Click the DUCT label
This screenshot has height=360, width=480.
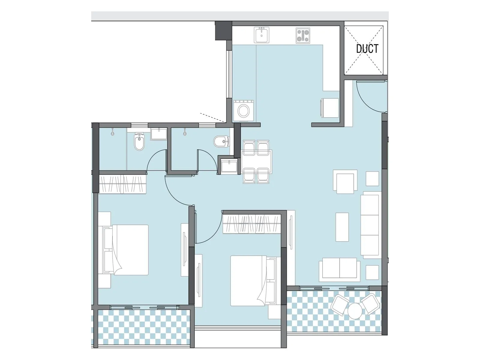367,49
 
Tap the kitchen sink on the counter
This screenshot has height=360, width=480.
262,35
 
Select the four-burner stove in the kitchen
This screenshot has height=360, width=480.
303,35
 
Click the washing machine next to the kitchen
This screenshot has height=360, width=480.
243,111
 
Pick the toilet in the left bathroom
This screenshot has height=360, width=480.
139,142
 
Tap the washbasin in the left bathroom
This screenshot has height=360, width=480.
159,134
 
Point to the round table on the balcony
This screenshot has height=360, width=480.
355,311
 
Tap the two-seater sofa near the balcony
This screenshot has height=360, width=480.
340,269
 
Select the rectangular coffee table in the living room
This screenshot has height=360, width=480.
342,227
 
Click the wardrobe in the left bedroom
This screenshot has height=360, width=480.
122,184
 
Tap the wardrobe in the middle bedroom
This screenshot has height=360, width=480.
251,224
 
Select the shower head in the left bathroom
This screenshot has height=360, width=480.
112,132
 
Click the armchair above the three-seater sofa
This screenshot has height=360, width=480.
345,182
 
